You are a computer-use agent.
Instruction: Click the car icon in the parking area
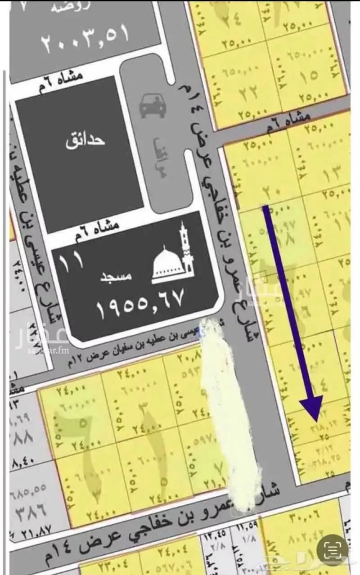point(151,105)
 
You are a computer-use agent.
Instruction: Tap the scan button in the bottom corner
point(333,549)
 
